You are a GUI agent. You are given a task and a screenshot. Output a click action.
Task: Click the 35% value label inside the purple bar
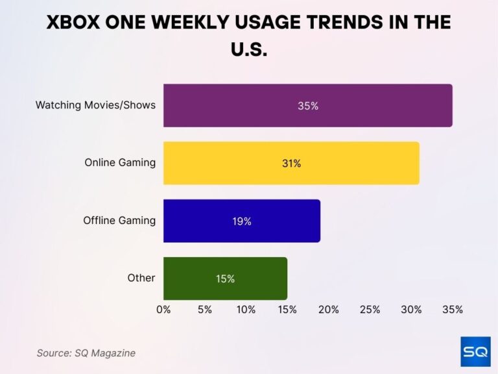308,106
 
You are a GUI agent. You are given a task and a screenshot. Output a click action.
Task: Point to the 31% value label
291,164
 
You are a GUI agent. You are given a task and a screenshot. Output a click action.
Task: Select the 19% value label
242,221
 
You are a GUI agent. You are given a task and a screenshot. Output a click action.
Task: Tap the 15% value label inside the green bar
225,279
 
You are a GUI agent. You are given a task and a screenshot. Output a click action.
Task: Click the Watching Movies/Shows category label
95,105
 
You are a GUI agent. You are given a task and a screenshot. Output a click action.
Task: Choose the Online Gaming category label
120,162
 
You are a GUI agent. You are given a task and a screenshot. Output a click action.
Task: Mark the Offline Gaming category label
119,220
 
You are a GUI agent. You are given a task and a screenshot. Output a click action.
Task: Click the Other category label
141,278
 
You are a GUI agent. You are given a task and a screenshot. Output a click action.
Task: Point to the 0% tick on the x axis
163,310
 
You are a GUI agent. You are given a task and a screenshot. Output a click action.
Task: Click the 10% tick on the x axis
246,310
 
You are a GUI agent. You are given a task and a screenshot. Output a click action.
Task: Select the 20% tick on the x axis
329,310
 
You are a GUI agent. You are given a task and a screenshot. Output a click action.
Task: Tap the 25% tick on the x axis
370,310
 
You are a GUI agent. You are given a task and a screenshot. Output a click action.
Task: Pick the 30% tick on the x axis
411,310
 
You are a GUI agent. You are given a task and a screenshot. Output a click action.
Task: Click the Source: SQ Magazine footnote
86,353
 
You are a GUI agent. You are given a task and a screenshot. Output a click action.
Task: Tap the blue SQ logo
475,351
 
